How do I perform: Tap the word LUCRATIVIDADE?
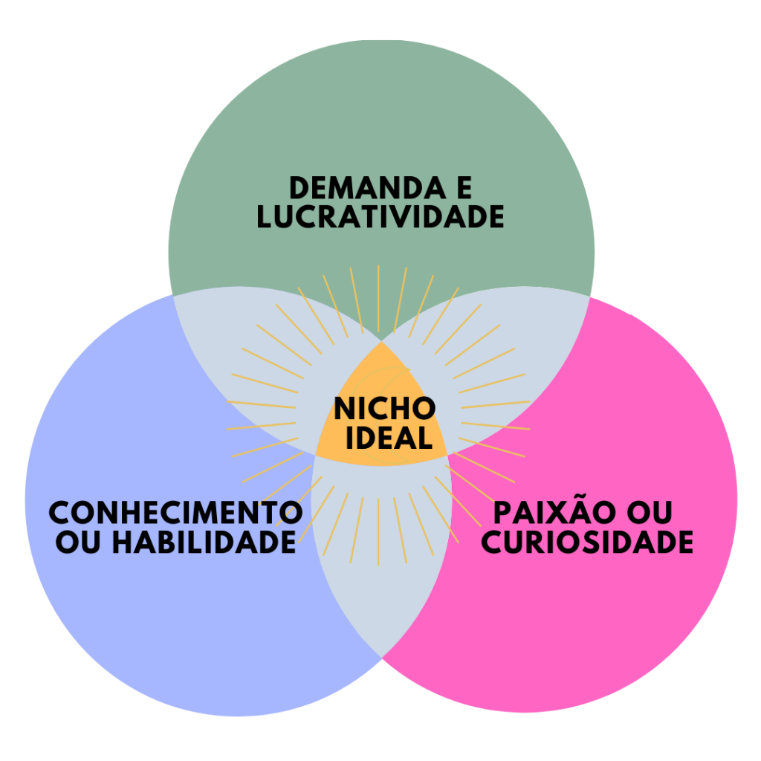point(380,217)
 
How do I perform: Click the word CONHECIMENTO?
point(175,513)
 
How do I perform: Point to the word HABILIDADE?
point(204,543)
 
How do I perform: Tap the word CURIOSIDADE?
point(587,543)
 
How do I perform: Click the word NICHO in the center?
point(384,409)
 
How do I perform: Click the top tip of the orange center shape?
point(381,343)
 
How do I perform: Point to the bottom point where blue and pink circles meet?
point(381,657)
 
